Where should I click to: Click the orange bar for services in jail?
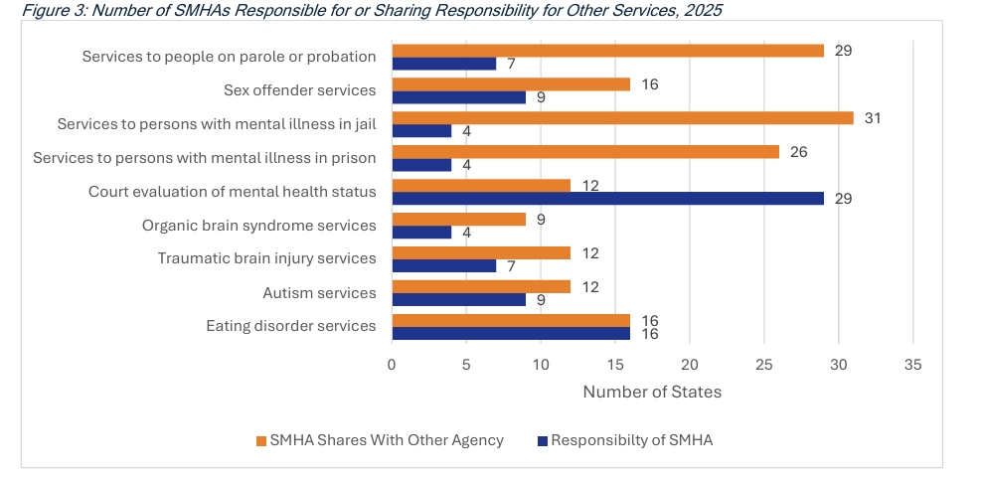622,117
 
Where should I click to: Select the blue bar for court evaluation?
607,199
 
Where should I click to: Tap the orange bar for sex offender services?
511,84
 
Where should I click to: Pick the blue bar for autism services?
458,299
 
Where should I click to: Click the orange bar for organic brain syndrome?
458,219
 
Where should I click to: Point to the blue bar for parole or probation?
443,64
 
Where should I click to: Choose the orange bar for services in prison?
585,151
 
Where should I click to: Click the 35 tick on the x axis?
912,365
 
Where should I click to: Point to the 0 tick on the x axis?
393,365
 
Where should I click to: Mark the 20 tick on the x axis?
690,365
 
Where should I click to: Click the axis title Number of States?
652,392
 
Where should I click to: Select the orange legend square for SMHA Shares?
261,440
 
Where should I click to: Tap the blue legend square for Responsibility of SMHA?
543,440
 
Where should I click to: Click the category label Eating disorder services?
290,326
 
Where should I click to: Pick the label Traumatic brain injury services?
266,258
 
